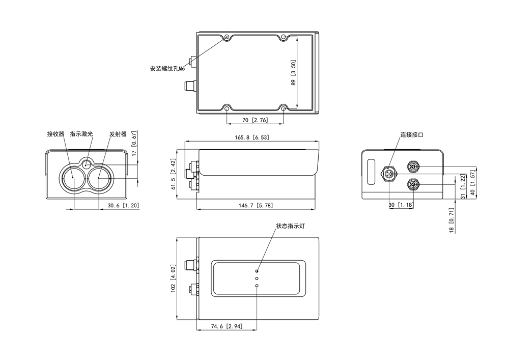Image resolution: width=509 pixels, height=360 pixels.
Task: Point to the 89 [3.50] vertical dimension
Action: pyautogui.click(x=294, y=73)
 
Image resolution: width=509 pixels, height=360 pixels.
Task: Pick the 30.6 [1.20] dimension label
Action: pyautogui.click(x=123, y=205)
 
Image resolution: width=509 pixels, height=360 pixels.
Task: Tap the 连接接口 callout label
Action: pyautogui.click(x=411, y=135)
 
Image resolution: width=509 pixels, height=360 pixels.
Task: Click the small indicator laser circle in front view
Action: pyautogui.click(x=87, y=164)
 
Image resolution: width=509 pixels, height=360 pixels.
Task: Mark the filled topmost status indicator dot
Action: pyautogui.click(x=257, y=270)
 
